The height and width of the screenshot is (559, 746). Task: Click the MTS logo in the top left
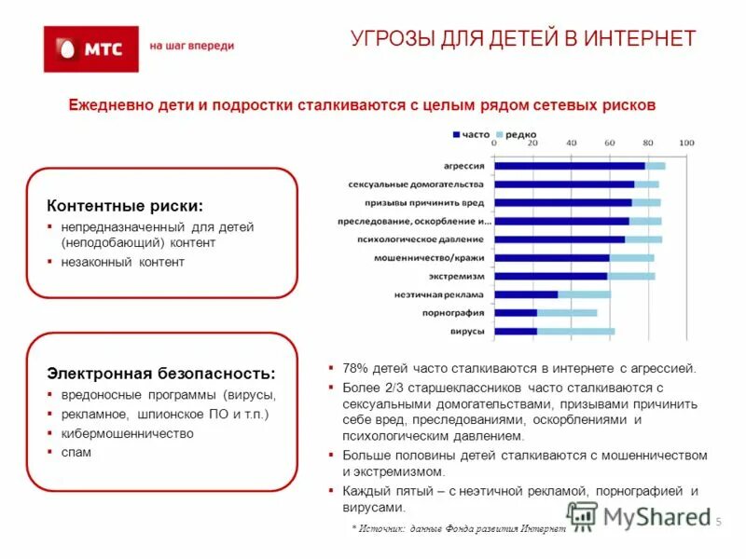click(x=91, y=48)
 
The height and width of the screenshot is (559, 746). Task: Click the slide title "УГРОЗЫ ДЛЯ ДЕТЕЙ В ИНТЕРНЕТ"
click(x=523, y=39)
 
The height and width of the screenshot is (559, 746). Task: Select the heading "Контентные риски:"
click(x=125, y=206)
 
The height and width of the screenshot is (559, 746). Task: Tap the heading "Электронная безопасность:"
click(x=161, y=374)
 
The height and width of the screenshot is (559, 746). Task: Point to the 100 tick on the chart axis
click(x=686, y=143)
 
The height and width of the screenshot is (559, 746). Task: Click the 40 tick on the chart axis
click(x=571, y=143)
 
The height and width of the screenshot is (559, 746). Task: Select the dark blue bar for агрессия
click(x=569, y=166)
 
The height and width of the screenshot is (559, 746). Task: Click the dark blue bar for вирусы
click(x=516, y=331)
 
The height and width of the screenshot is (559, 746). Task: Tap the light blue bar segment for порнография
click(x=567, y=312)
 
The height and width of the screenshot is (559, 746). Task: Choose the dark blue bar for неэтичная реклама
click(x=526, y=294)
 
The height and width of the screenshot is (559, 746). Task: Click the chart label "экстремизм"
click(x=457, y=277)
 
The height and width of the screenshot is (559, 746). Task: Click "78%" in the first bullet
click(x=354, y=368)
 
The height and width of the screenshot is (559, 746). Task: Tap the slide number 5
click(x=719, y=522)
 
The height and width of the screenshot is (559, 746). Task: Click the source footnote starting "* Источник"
click(x=459, y=528)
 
